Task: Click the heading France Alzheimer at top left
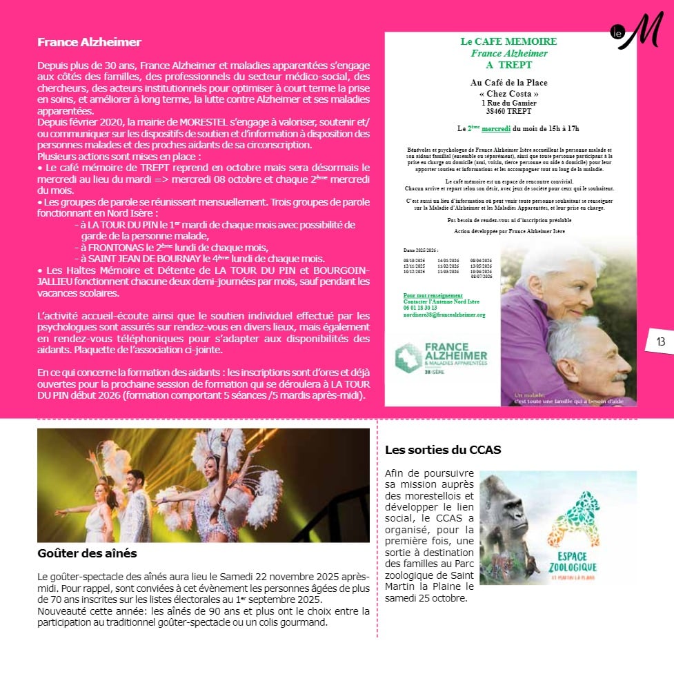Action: (89, 42)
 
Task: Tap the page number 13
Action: (660, 341)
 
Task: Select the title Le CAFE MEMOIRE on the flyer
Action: (508, 41)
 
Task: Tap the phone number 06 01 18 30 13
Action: (420, 308)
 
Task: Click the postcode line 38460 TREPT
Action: (508, 110)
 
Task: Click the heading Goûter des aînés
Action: (87, 553)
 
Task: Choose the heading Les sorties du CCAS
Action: (443, 450)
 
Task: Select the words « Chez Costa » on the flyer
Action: (508, 93)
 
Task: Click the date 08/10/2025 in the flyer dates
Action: (414, 259)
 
